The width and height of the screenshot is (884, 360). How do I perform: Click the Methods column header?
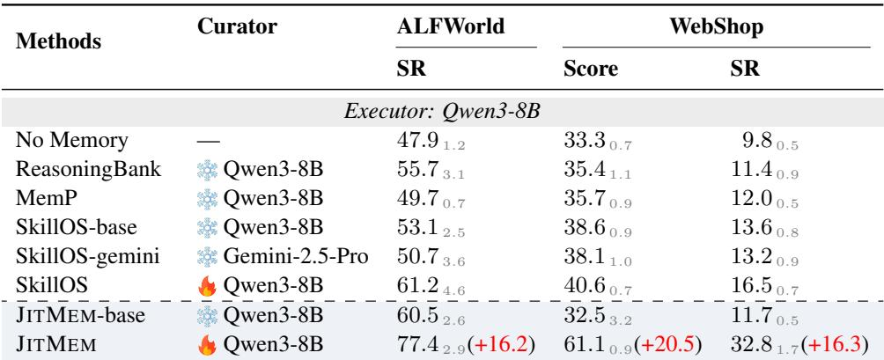tap(59, 41)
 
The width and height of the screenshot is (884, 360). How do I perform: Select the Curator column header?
tap(237, 26)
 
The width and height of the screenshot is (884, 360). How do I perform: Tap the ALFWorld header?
tap(451, 26)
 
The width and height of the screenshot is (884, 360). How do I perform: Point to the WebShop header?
tap(716, 26)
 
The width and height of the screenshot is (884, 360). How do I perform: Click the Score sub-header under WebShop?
tap(590, 69)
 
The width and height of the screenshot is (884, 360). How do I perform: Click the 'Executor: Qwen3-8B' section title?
tap(442, 112)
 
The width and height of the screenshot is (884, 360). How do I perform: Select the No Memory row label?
tap(71, 140)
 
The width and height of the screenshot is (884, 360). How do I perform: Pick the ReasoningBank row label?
tap(89, 170)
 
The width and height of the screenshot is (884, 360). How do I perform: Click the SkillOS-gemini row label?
tap(87, 256)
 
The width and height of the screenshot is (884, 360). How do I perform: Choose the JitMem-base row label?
tap(80, 315)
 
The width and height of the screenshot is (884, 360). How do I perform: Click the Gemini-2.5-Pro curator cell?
tap(296, 256)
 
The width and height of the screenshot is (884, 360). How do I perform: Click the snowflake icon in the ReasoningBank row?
tap(207, 170)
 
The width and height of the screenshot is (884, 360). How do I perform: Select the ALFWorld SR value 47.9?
tap(416, 140)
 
